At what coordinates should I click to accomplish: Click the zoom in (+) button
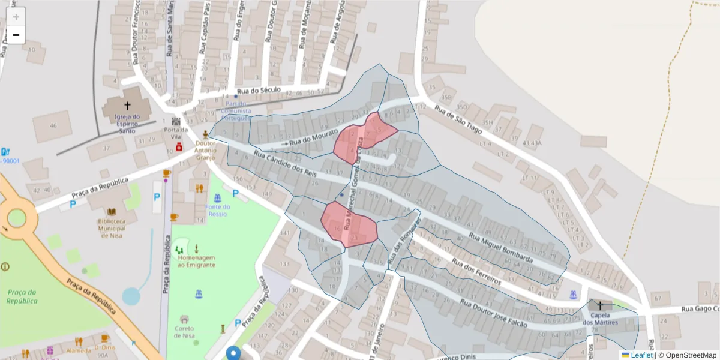point(16,16)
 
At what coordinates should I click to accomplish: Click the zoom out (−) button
point(16,35)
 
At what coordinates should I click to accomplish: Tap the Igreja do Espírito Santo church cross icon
point(127,106)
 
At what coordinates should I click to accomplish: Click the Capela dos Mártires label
point(599,319)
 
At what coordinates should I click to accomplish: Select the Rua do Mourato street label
point(314,136)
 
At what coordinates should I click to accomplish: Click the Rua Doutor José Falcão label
point(494,312)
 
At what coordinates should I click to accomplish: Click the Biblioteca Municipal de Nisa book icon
point(112,212)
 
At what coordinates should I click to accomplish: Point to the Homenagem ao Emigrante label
point(196,260)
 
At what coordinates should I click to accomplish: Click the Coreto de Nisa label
point(184,331)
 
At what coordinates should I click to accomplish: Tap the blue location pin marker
point(233,352)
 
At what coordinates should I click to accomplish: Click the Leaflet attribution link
point(641,355)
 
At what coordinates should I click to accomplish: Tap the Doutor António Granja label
point(205,151)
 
